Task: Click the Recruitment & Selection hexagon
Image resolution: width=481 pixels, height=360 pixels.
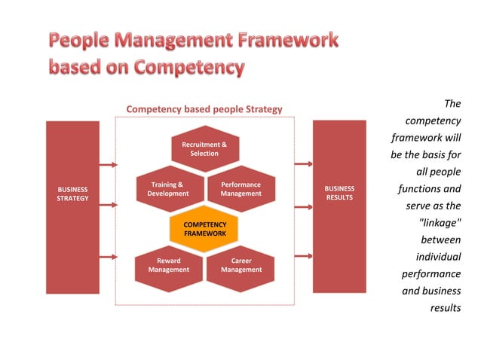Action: tap(204, 148)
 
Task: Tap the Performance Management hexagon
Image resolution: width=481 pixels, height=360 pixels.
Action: tap(240, 188)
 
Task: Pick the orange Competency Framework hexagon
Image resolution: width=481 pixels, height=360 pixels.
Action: tap(204, 228)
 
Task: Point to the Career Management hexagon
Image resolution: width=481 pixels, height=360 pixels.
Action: tap(240, 265)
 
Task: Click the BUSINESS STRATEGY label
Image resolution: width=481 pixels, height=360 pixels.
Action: tap(72, 194)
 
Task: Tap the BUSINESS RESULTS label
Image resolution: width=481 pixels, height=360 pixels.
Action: tap(339, 194)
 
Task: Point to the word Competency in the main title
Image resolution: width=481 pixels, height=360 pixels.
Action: tap(190, 68)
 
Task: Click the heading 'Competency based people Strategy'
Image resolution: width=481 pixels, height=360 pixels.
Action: tap(204, 109)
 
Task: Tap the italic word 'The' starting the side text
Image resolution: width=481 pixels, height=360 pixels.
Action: tap(452, 103)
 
